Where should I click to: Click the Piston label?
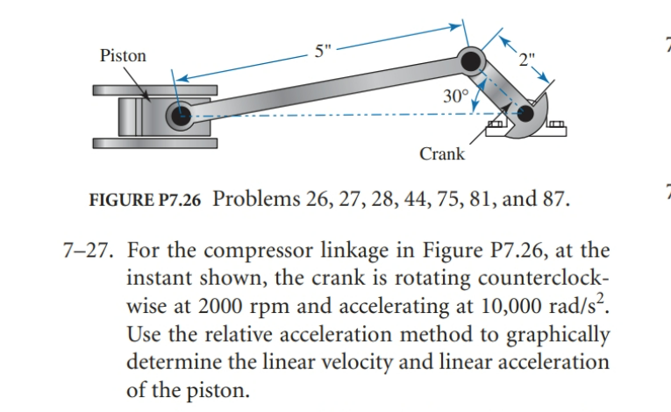click(123, 55)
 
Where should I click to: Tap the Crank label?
click(442, 154)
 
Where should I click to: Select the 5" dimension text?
click(323, 52)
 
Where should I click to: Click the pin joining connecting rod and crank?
click(471, 61)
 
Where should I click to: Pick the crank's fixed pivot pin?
click(526, 112)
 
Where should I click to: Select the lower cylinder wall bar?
click(153, 142)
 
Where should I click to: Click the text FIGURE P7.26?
click(146, 199)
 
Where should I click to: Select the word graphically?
click(558, 335)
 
